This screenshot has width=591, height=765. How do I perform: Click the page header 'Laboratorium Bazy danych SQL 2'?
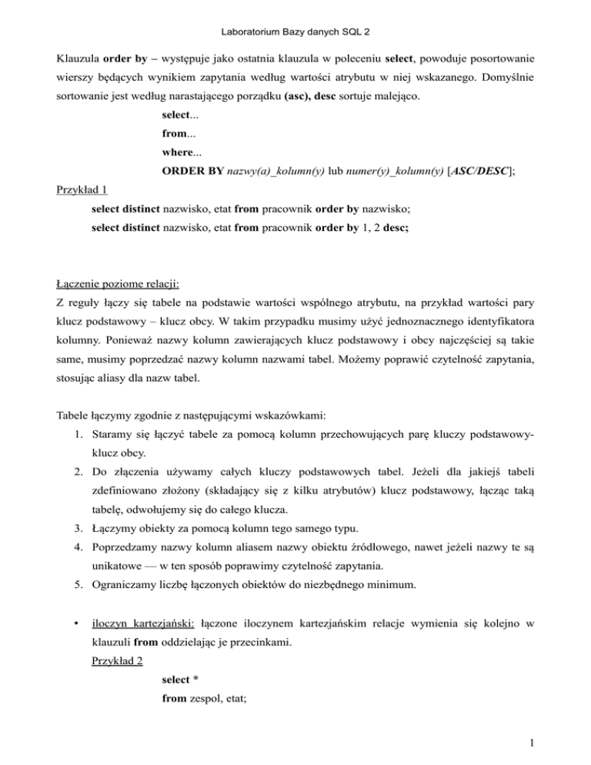(295, 12)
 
